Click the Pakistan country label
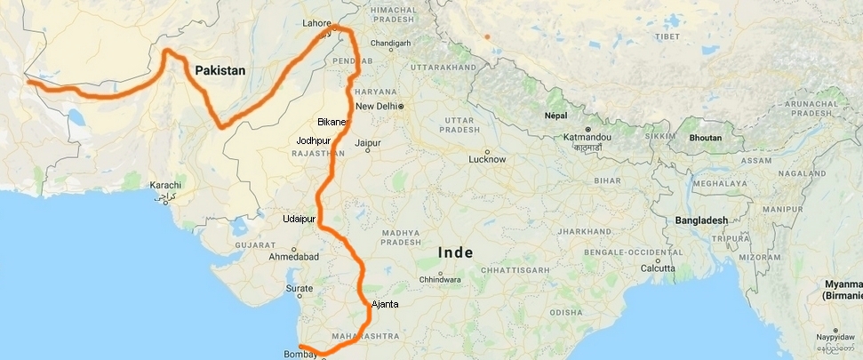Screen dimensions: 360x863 tap(220, 69)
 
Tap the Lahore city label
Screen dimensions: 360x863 tap(316, 23)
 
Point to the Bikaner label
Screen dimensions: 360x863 tap(332, 121)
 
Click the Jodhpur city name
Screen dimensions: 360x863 tap(314, 140)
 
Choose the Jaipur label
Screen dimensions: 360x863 tap(367, 142)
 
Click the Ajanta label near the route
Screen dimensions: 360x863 tap(385, 304)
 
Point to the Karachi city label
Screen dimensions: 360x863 tap(165, 184)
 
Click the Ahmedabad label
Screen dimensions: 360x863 tap(293, 257)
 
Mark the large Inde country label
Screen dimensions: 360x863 tap(456, 253)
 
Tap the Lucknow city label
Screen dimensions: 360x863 tap(487, 159)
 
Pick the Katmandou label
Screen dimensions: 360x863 tap(584, 138)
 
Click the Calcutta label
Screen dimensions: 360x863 tap(658, 268)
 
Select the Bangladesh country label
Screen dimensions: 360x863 tap(701, 220)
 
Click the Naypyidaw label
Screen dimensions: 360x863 tap(836, 339)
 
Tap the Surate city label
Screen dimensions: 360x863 tap(300, 289)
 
